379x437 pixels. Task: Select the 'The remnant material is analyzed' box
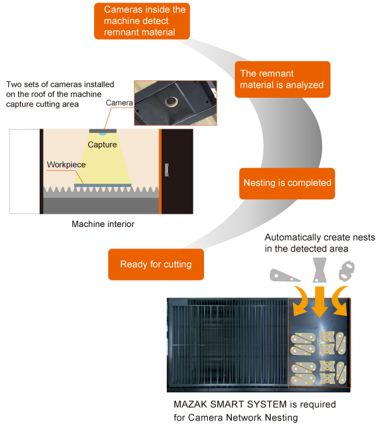click(x=282, y=79)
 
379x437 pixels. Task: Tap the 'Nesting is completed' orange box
click(x=287, y=183)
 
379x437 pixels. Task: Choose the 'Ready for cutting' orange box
click(x=155, y=264)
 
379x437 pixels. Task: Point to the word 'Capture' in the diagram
click(x=102, y=145)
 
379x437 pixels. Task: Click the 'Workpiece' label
click(x=66, y=165)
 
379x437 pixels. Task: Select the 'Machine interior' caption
click(x=102, y=224)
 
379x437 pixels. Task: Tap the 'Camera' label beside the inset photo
click(x=119, y=103)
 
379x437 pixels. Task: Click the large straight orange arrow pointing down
click(x=320, y=301)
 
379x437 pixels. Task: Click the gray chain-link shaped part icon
click(x=346, y=271)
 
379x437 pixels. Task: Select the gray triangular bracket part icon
click(x=284, y=274)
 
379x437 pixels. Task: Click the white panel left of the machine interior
click(x=25, y=171)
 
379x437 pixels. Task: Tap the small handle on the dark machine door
click(x=166, y=169)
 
